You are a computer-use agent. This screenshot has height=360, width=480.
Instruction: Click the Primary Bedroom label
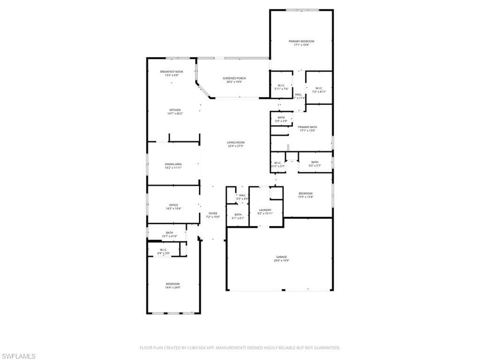point(301,41)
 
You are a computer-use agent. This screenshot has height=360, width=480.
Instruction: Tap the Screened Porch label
point(234,78)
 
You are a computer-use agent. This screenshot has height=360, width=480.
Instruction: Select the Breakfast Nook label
point(172,72)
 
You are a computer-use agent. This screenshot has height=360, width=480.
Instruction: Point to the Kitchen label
point(175,110)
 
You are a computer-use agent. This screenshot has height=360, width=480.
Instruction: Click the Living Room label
point(236,142)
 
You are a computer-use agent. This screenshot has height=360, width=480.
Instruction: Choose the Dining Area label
point(173,164)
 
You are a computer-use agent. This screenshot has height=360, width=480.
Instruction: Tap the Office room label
point(173,205)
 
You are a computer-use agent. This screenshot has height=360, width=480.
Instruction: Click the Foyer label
point(212,213)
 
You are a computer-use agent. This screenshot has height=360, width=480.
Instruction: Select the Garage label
point(281,257)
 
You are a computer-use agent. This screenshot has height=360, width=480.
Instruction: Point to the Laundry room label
point(265,210)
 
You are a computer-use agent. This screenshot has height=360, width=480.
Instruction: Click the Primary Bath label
point(307,127)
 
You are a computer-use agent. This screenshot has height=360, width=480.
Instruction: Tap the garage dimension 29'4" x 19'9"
point(281,261)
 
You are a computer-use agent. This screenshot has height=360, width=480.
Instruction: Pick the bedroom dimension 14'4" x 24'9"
point(172,288)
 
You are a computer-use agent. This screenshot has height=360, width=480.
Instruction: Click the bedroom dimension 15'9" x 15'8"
point(306,197)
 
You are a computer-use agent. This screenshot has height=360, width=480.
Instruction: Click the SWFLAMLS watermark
point(18,356)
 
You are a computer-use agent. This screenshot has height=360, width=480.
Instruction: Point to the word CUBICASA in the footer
point(191,348)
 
